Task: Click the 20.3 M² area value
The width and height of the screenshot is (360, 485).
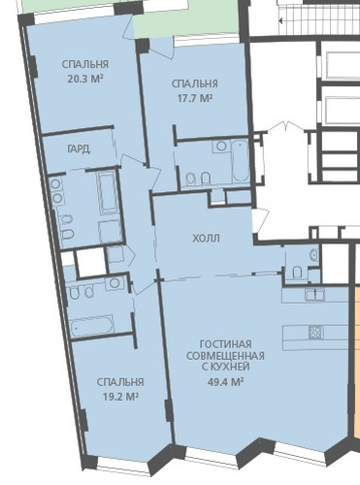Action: (85, 79)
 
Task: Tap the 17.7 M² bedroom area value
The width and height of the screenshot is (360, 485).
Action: (195, 98)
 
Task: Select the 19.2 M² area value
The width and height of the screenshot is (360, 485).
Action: (120, 397)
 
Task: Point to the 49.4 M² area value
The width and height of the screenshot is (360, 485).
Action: (225, 382)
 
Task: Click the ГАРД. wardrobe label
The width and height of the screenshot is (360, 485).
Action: (79, 149)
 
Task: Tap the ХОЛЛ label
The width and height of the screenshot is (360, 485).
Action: (207, 239)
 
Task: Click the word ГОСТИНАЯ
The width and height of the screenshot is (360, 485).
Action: (225, 344)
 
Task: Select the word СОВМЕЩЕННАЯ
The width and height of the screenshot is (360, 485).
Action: (225, 356)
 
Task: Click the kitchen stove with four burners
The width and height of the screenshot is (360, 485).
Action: (315, 333)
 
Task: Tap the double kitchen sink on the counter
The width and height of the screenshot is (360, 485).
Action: (314, 294)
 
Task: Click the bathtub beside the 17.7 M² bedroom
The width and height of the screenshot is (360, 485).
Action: (240, 161)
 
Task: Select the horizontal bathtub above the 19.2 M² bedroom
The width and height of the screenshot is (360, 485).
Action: (92, 326)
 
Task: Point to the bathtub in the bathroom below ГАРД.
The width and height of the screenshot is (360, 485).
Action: (108, 193)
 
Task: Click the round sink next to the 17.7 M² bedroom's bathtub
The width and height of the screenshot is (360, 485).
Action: (221, 146)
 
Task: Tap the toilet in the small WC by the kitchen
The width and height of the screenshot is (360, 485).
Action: (297, 272)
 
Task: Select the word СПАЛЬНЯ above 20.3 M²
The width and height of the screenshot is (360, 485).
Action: (85, 64)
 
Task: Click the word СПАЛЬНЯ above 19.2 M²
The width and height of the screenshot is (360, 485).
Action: (120, 382)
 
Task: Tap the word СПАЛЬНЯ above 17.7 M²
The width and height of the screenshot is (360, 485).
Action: (195, 83)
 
